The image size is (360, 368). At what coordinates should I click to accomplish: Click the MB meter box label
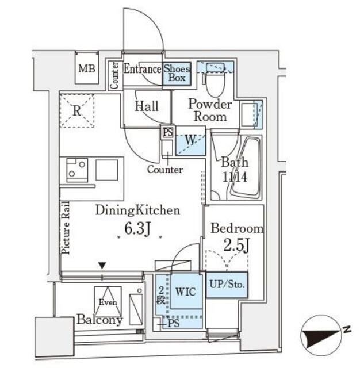(87, 69)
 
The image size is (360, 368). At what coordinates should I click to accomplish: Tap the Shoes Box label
(177, 73)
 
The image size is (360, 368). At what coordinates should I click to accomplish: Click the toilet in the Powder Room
(216, 79)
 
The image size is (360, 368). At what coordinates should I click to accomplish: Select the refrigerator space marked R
(76, 110)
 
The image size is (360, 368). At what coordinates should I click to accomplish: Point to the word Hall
(147, 106)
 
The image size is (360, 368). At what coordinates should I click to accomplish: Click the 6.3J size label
(137, 228)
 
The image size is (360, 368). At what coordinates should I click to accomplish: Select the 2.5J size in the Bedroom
(236, 246)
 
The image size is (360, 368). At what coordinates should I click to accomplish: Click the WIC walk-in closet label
(185, 292)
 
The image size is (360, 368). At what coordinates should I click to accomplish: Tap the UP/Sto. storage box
(227, 285)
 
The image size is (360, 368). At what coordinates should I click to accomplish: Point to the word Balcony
(99, 320)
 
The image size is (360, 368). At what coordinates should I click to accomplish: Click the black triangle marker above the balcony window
(102, 266)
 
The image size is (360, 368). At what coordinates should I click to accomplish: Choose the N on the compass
(347, 329)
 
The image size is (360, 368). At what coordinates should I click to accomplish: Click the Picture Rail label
(66, 228)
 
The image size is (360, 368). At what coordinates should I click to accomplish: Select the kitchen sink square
(107, 170)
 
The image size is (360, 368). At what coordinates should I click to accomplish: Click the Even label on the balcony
(108, 302)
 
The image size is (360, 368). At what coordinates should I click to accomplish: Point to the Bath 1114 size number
(235, 177)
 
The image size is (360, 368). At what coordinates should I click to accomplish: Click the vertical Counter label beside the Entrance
(115, 75)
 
